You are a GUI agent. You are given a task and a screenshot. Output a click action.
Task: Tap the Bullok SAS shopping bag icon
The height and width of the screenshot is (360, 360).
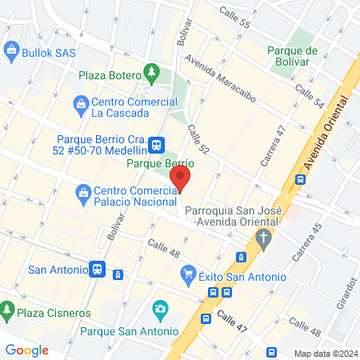tap(12, 53)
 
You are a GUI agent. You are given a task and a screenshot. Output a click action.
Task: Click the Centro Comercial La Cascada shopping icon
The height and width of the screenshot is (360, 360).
tap(81, 103)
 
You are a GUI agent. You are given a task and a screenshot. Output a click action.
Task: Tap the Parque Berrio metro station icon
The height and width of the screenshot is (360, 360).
tap(157, 145)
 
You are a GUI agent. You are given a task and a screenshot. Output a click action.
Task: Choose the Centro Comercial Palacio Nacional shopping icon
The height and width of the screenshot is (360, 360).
tap(82, 192)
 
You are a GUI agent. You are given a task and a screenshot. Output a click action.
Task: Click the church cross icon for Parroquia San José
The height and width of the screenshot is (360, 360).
tap(262, 236)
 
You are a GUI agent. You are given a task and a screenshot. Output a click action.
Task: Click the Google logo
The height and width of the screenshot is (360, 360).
tap(27, 350)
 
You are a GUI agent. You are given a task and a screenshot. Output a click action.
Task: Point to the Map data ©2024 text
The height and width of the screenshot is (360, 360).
tap(323, 353)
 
